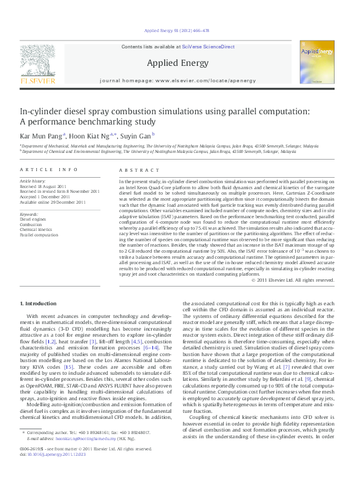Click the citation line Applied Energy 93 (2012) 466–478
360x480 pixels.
coord(178,31)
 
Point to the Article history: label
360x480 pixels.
coord(33,181)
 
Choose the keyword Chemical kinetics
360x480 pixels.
coord(35,229)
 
